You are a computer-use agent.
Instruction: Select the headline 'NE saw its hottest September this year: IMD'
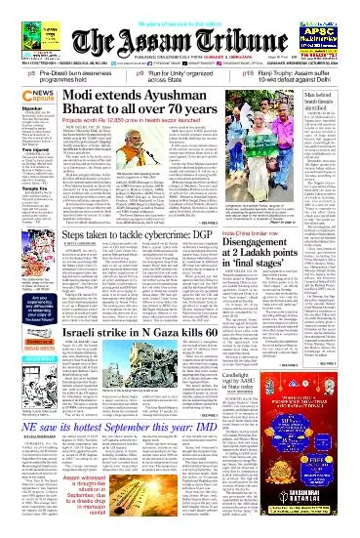pyautogui.click(x=146, y=461)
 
